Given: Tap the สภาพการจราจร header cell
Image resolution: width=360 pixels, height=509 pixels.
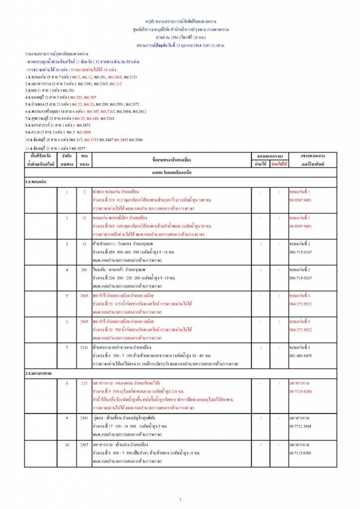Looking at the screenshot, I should [270, 156].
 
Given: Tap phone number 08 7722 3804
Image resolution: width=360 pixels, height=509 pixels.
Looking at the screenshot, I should [302, 427].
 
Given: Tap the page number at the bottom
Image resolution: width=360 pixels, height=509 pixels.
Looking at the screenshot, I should [180, 499].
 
